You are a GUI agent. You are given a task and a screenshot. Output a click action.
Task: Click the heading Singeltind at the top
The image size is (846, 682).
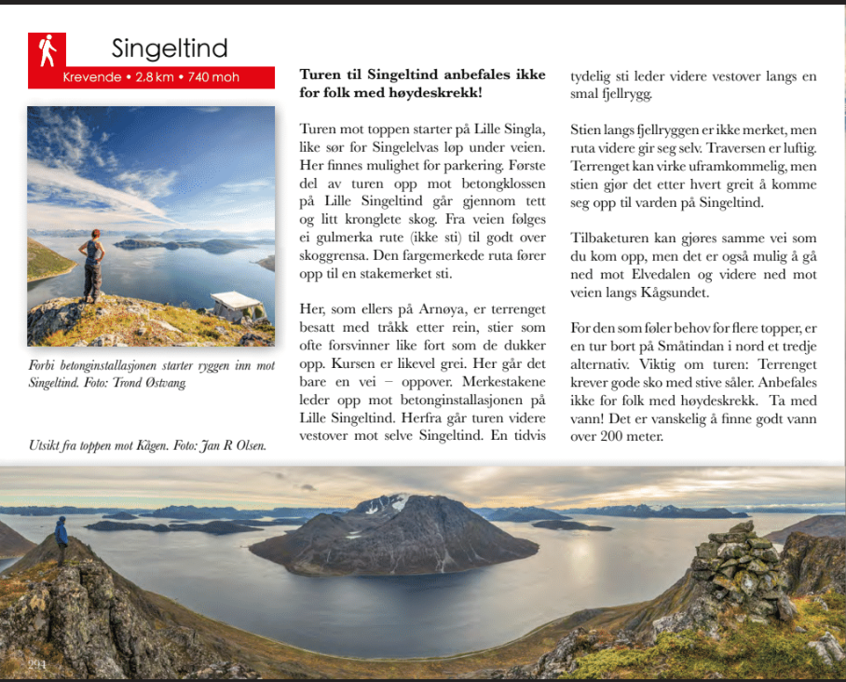(170, 48)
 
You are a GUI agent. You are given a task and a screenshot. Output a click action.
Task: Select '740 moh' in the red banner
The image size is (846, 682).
(213, 77)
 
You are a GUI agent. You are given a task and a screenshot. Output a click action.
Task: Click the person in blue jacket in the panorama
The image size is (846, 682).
(61, 539)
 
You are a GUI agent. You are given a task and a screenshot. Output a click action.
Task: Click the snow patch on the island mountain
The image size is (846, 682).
(391, 504)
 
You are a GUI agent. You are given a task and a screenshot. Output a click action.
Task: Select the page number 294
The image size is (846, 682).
(37, 663)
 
